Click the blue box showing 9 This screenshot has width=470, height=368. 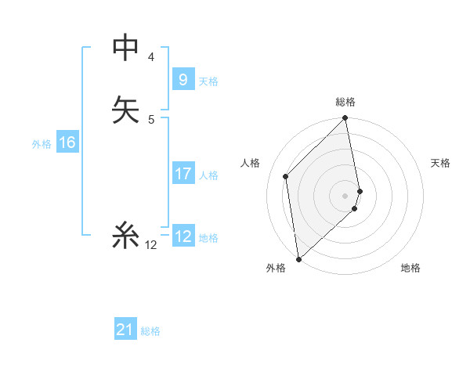pos(183,79)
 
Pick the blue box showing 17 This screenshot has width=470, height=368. pos(183,174)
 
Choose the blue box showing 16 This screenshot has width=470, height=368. pos(67,143)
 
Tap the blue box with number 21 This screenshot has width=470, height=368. pos(125,330)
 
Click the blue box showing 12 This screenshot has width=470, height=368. pos(183,236)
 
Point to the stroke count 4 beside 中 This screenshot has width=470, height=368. pos(151,57)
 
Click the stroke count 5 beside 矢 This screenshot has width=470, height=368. pos(151,120)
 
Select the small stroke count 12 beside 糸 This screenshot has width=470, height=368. pos(151,245)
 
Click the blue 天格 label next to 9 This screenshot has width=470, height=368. pos(208,81)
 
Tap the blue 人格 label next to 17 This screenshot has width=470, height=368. pos(208,175)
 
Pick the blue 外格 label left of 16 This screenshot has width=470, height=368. pos(42,144)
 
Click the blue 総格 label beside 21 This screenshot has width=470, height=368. pos(150,331)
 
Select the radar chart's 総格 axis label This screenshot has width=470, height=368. pos(345,102)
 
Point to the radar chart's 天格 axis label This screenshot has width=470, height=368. pos(440,163)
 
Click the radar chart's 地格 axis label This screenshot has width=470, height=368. pos(410,268)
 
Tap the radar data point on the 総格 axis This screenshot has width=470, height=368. pos(345,119)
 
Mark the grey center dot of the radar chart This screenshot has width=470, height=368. pos(345,195)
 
